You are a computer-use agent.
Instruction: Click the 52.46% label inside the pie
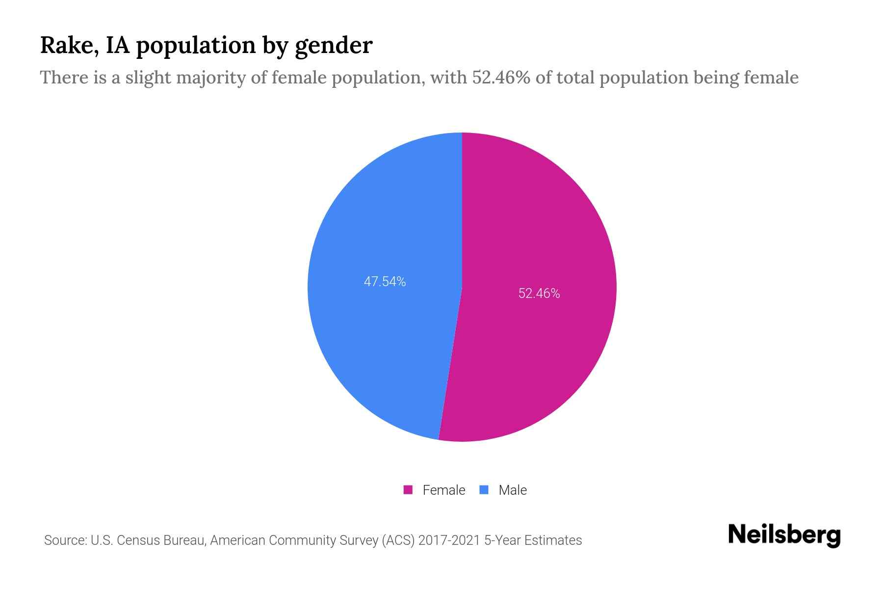click(539, 294)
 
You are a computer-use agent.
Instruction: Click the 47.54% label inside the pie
click(385, 282)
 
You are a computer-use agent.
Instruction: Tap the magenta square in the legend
click(408, 490)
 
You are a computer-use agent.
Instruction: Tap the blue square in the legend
click(484, 490)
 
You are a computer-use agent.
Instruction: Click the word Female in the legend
click(443, 490)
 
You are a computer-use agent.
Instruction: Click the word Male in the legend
click(512, 490)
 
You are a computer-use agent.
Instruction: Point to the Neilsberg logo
click(784, 535)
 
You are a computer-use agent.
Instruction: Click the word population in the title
click(195, 46)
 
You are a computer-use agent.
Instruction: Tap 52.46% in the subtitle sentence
click(501, 78)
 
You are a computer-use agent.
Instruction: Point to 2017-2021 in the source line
click(449, 540)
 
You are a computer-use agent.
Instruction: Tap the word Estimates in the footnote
click(553, 540)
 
